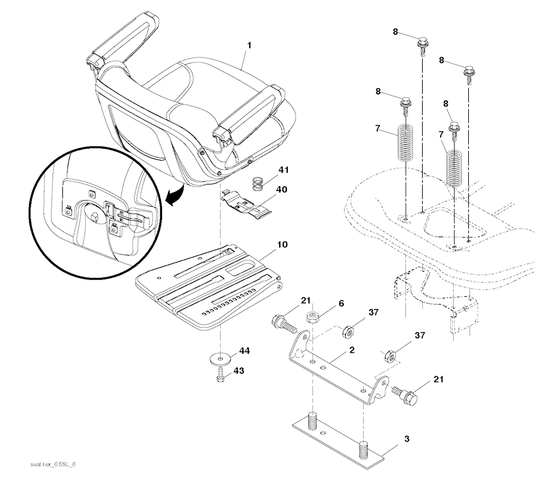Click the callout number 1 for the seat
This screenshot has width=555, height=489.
249,46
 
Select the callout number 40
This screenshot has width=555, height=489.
282,189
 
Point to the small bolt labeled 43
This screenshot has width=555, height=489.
221,375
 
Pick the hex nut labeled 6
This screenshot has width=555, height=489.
312,316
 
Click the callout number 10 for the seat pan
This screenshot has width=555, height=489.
282,244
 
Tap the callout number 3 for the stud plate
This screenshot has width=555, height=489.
406,439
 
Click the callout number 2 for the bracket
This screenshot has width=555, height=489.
352,350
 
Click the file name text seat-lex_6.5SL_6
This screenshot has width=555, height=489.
53,465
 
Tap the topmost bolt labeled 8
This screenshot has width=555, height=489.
423,47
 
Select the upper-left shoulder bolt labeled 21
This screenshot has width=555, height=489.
284,323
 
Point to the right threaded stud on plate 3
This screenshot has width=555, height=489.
364,450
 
